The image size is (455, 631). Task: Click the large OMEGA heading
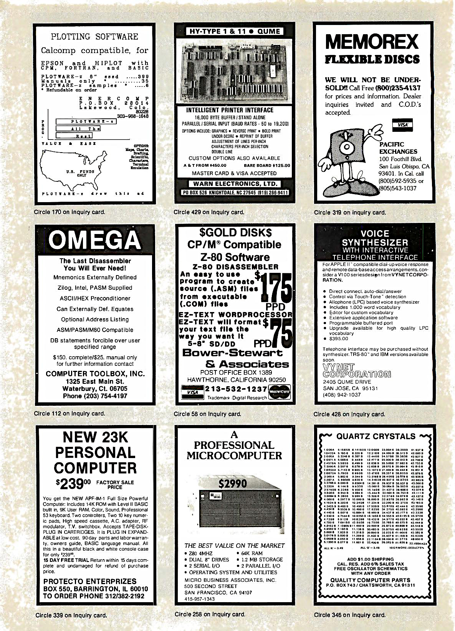95,240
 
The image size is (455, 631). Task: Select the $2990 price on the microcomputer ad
233,483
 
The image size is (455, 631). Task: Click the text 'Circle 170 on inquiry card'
69,212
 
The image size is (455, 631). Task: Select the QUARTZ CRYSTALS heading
376,436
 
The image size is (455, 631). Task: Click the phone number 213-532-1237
236,389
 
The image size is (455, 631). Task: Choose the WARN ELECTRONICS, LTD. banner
235,184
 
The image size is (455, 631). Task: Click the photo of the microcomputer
234,511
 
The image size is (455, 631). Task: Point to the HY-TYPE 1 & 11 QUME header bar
235,31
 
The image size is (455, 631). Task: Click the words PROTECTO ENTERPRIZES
90,581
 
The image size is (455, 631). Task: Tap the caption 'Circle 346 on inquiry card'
349,615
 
